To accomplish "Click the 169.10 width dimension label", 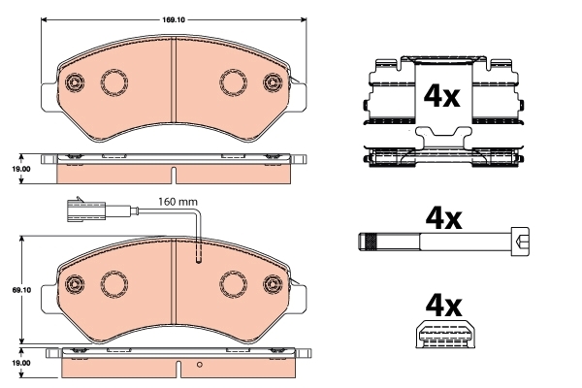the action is tap(174, 20).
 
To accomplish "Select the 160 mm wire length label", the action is tap(178, 202).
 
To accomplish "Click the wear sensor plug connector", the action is tap(86, 210).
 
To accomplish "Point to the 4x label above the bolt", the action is tap(444, 218).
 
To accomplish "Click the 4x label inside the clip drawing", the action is tap(442, 96).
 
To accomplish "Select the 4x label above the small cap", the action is tap(444, 306).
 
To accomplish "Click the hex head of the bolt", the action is tap(520, 242).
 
